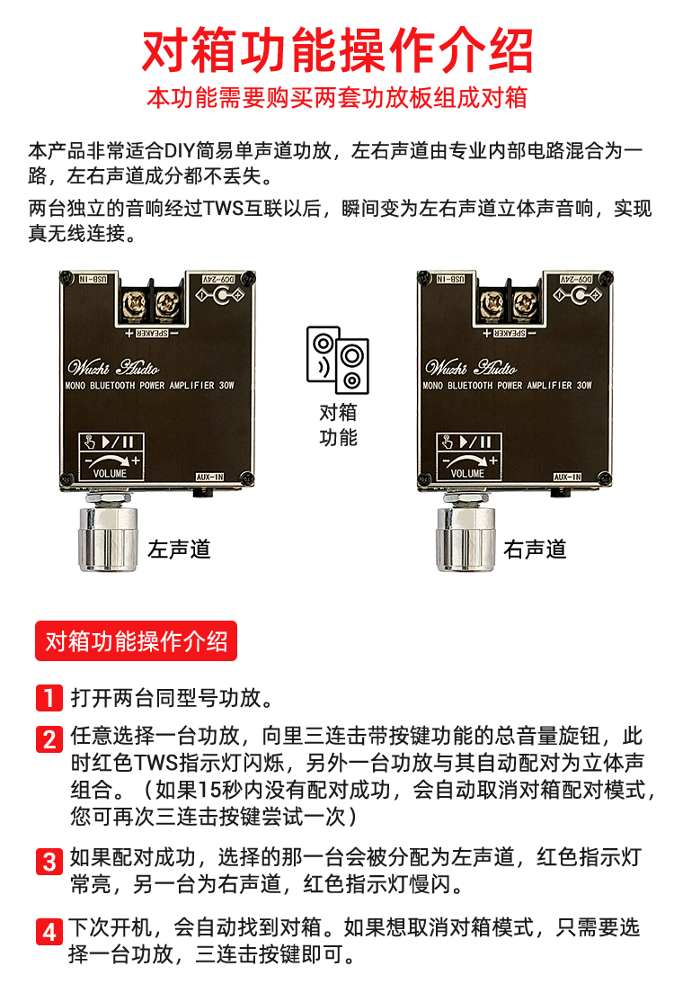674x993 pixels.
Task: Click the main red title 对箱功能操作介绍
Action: click(x=337, y=50)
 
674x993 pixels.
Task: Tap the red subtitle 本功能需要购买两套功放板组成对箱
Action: click(x=337, y=97)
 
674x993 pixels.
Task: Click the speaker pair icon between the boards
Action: click(x=337, y=360)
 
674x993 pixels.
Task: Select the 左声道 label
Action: click(x=179, y=549)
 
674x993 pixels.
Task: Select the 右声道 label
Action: click(x=535, y=549)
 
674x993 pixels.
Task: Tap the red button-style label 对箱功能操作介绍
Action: click(x=136, y=641)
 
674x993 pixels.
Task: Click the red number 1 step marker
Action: click(x=49, y=698)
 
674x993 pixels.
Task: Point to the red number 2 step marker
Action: click(x=49, y=739)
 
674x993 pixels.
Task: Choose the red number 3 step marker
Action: click(x=49, y=862)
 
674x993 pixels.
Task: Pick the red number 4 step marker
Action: click(x=49, y=932)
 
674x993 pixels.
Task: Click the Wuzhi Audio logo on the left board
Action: click(x=113, y=367)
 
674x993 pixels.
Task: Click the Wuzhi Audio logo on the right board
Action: click(x=471, y=367)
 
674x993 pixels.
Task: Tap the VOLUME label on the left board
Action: click(x=111, y=473)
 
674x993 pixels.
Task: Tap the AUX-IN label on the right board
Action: click(x=568, y=477)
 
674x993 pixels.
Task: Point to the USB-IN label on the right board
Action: click(x=450, y=279)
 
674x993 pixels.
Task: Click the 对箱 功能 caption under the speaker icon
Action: click(x=338, y=425)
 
